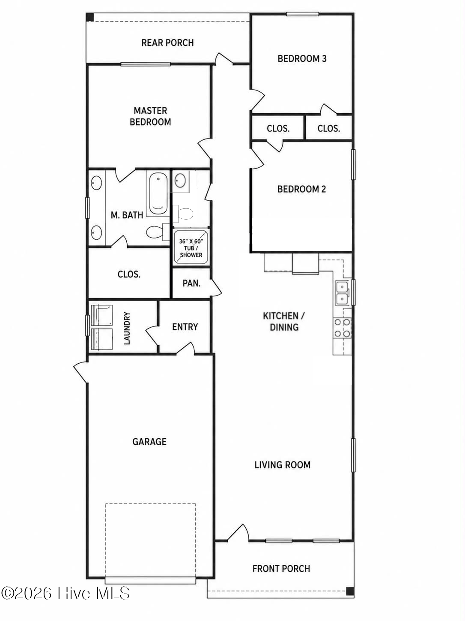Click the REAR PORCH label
point(167,43)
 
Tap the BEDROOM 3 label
point(302,59)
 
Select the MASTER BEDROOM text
point(150,116)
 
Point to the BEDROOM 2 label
point(301,189)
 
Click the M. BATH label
point(127,215)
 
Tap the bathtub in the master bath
point(158,194)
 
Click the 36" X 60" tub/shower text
point(191,248)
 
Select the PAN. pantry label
point(191,283)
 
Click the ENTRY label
point(185,327)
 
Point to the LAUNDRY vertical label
point(127,328)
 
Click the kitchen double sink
point(343,293)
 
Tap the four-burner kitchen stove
point(343,328)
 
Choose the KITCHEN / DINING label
point(284,321)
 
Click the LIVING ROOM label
point(282,465)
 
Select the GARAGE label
point(149,442)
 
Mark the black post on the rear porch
point(90,17)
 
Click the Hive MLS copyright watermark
point(65,593)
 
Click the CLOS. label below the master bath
point(129,274)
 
